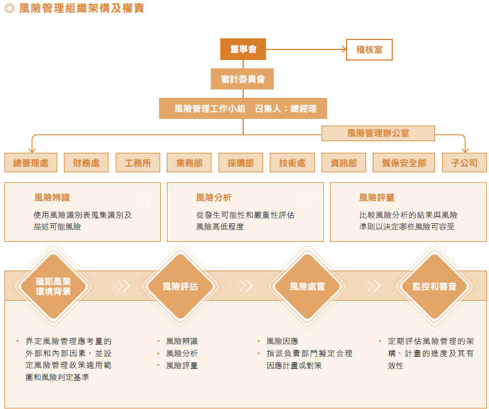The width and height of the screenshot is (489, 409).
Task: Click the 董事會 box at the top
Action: [243, 49]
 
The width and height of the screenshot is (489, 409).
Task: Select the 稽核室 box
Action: [369, 49]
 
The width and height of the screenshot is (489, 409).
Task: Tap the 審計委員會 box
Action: [243, 79]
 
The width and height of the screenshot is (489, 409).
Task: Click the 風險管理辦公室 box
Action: [378, 133]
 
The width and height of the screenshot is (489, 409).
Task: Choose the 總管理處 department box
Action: [31, 163]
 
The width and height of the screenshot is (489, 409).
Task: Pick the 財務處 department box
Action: [86, 163]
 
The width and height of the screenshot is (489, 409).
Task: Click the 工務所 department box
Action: [138, 163]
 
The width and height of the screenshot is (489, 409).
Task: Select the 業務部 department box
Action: [189, 163]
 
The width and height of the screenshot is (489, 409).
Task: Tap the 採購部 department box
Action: [241, 163]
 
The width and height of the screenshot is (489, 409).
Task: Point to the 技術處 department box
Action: [292, 163]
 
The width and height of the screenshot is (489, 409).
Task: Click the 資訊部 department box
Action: [344, 163]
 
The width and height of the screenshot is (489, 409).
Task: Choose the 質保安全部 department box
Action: [404, 163]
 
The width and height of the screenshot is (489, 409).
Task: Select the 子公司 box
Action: [465, 163]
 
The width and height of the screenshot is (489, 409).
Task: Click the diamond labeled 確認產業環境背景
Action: [53, 286]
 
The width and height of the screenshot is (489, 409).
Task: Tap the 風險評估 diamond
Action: [180, 286]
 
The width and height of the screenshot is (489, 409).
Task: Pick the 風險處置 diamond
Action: [307, 286]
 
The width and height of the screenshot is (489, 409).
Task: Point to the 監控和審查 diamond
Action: [434, 286]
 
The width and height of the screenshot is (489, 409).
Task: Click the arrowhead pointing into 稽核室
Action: [344, 49]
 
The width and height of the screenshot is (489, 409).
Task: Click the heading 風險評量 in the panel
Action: [377, 197]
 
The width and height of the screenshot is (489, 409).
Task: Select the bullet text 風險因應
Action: [282, 341]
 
